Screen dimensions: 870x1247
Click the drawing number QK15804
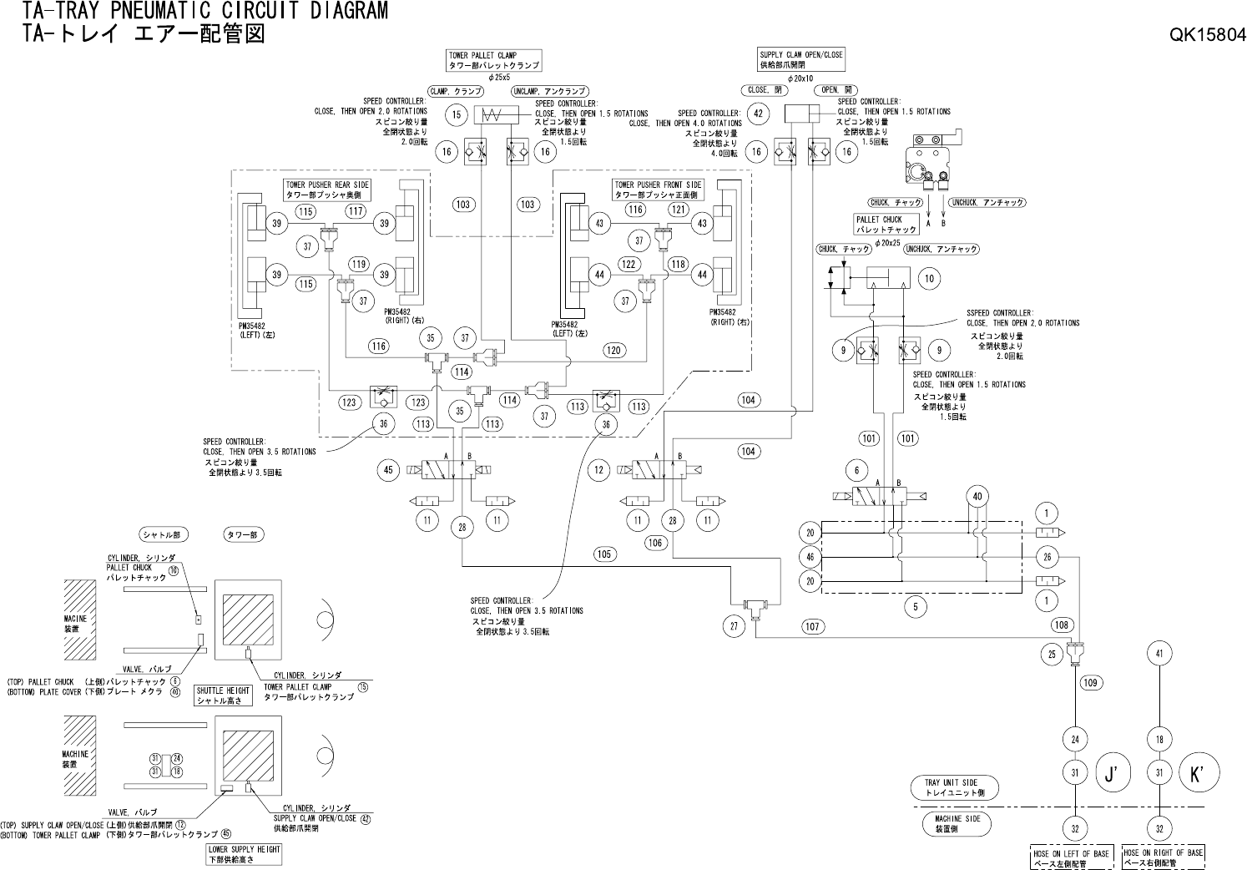click(1207, 35)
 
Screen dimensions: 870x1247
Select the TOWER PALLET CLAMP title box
click(494, 59)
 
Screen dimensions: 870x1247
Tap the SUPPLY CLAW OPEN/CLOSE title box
click(801, 59)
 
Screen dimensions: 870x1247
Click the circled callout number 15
click(456, 114)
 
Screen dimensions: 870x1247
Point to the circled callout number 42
click(758, 114)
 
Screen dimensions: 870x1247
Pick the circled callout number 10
click(929, 279)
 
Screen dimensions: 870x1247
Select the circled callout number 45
click(387, 471)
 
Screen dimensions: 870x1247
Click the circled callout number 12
click(598, 471)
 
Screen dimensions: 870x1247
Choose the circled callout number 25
click(1053, 655)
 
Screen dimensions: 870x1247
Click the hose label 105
click(604, 554)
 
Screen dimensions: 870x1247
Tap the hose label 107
click(812, 625)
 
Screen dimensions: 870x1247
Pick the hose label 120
click(614, 351)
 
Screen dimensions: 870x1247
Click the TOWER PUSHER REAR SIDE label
click(327, 190)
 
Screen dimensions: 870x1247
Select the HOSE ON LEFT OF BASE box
click(1073, 857)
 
